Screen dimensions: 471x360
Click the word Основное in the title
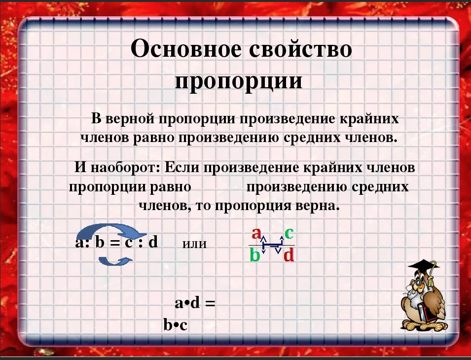tap(185, 49)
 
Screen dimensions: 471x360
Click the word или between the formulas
tap(195, 244)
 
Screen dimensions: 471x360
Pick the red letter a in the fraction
tap(256, 233)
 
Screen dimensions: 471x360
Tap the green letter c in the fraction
tap(289, 233)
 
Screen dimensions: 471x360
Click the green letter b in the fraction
tap(254, 255)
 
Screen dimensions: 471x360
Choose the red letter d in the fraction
tap(289, 255)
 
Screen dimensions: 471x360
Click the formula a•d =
tap(195, 303)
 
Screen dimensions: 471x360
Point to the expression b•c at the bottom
tap(176, 324)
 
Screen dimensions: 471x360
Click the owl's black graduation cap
tap(423, 267)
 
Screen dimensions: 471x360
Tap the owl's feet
tap(425, 325)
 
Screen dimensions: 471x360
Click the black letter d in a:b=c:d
tap(153, 242)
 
